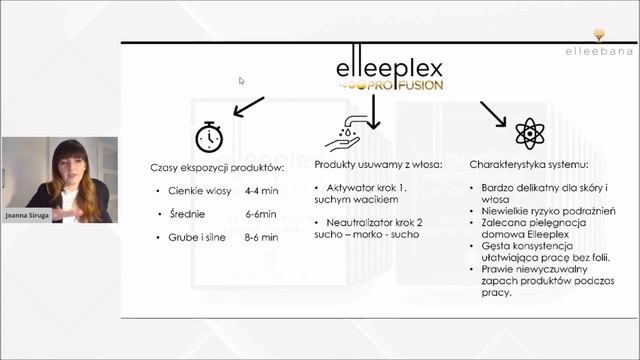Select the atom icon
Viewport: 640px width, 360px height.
click(x=526, y=134)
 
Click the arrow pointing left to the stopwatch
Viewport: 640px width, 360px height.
click(x=248, y=105)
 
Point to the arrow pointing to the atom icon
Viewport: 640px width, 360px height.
click(x=493, y=112)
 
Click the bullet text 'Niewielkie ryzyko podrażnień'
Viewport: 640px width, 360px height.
click(x=547, y=211)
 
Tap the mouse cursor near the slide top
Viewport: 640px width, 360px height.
click(x=242, y=81)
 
